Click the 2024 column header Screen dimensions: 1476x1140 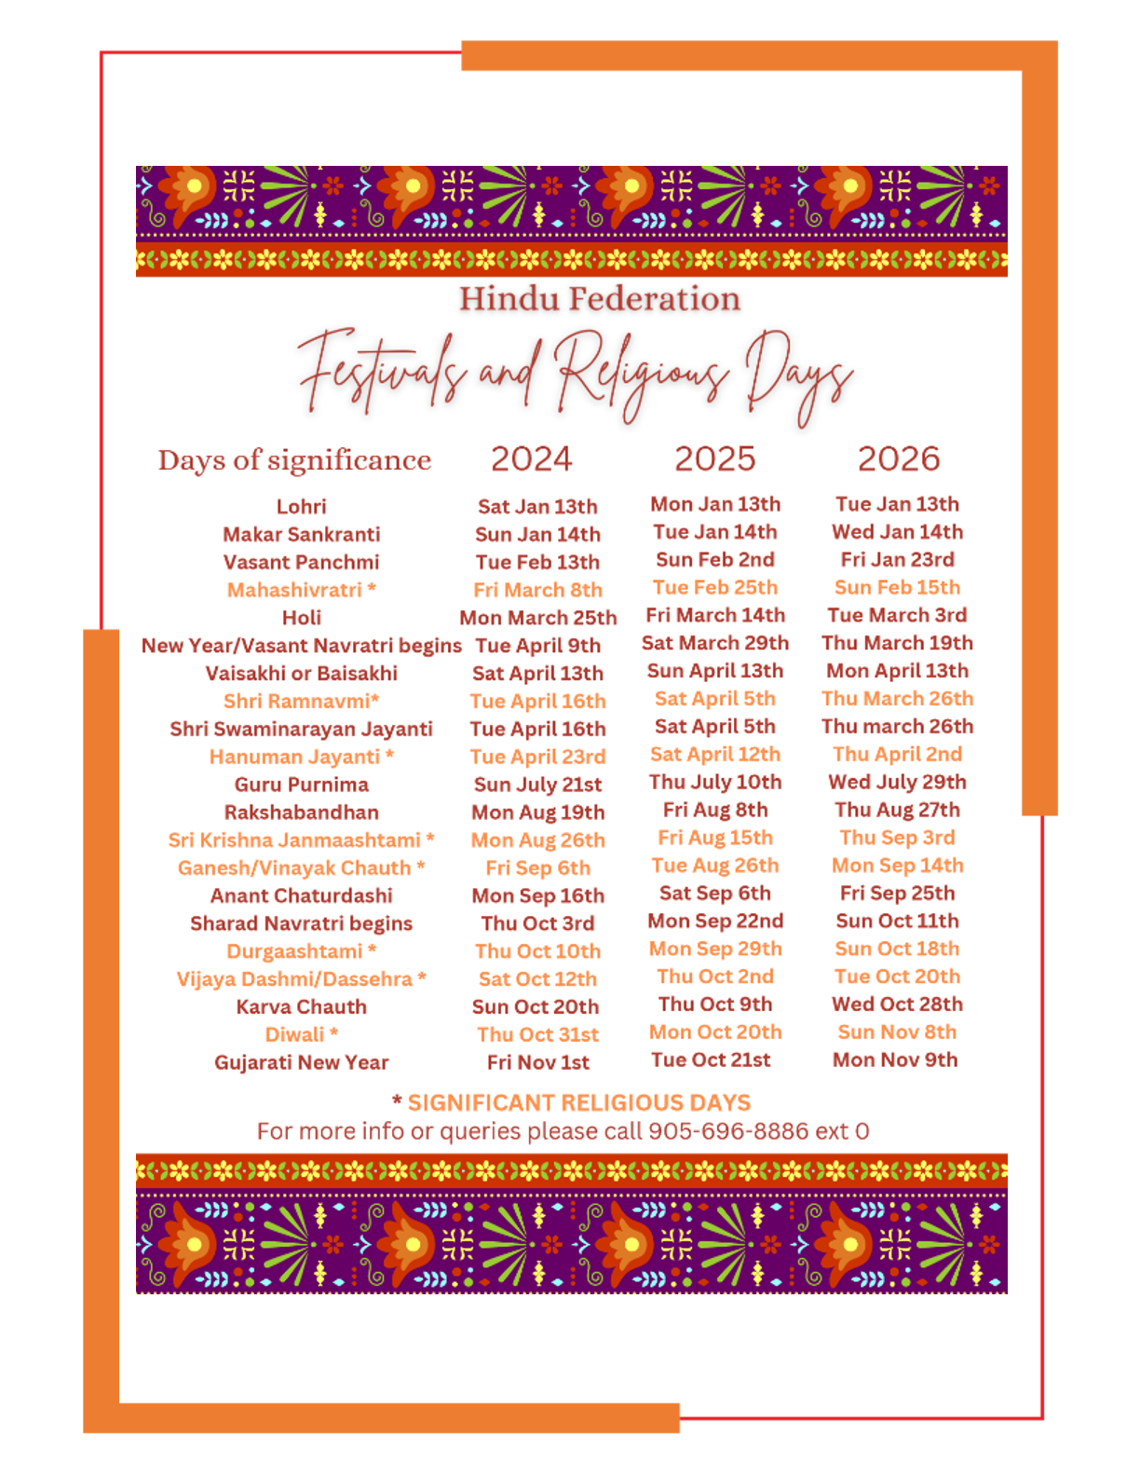(x=531, y=458)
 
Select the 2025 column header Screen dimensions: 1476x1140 (x=714, y=458)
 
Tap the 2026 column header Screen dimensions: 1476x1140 (x=898, y=458)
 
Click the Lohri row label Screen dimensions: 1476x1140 (x=301, y=507)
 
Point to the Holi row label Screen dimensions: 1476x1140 (x=301, y=618)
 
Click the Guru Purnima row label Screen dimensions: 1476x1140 (x=301, y=785)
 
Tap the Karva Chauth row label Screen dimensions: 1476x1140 (x=301, y=1006)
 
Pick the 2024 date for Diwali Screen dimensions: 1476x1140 (x=537, y=1034)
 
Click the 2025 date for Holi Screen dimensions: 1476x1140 (x=714, y=615)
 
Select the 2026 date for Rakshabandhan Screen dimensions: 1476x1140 (x=897, y=810)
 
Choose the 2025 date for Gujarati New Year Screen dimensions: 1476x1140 (x=711, y=1059)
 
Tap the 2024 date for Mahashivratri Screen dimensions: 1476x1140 (x=537, y=590)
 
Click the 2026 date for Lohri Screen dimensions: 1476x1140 (x=897, y=504)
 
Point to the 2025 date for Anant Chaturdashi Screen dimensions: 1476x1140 (x=714, y=893)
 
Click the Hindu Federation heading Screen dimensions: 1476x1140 (x=599, y=299)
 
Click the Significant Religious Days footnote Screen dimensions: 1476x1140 (x=577, y=1103)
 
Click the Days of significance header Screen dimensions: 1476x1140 (x=294, y=459)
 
